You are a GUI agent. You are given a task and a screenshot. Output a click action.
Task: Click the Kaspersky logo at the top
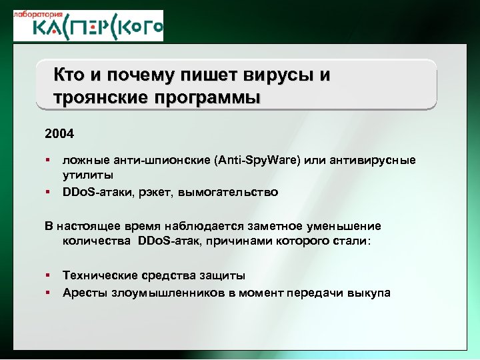tap(89, 29)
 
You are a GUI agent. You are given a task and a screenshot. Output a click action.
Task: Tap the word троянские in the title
tap(103, 98)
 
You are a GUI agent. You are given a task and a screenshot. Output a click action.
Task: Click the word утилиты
tap(88, 175)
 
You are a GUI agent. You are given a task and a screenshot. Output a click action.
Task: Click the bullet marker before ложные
tap(49, 161)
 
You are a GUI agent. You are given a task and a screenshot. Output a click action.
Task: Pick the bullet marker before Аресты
tap(49, 292)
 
